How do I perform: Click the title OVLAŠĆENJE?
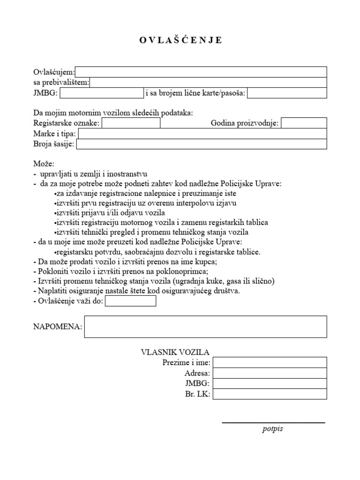coord(181,40)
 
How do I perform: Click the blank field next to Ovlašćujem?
coord(201,72)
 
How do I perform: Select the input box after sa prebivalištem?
coord(208,82)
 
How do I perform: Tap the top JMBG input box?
coord(101,93)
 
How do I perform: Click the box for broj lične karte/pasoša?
coord(287,93)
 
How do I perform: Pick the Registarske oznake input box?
coord(131,123)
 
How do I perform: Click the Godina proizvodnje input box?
coord(304,123)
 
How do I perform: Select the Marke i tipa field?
coord(202,134)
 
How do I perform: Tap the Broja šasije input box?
coord(201,144)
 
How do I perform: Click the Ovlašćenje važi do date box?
coord(130,301)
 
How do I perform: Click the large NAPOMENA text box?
coord(205,327)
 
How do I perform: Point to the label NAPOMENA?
coord(57,327)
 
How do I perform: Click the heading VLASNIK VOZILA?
coord(175,352)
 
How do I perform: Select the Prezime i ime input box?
coord(270,362)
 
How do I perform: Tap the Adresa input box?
coord(270,373)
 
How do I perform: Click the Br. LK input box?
coord(270,394)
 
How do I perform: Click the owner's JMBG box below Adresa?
coord(270,384)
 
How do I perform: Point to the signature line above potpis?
coord(273,423)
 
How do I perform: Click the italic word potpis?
coord(273,429)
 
